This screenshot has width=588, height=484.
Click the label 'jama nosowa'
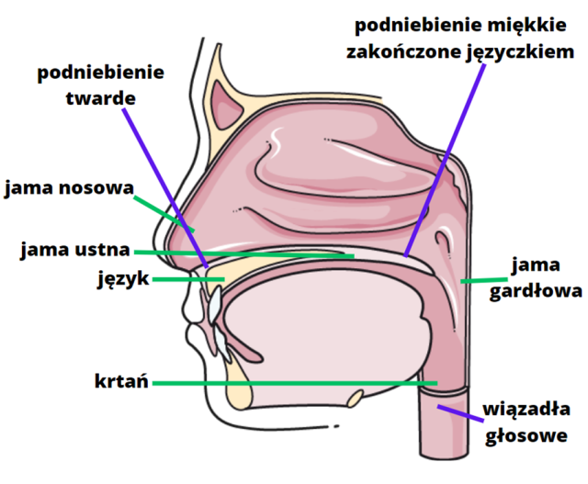(68, 189)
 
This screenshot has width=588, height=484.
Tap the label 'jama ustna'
(74, 250)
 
